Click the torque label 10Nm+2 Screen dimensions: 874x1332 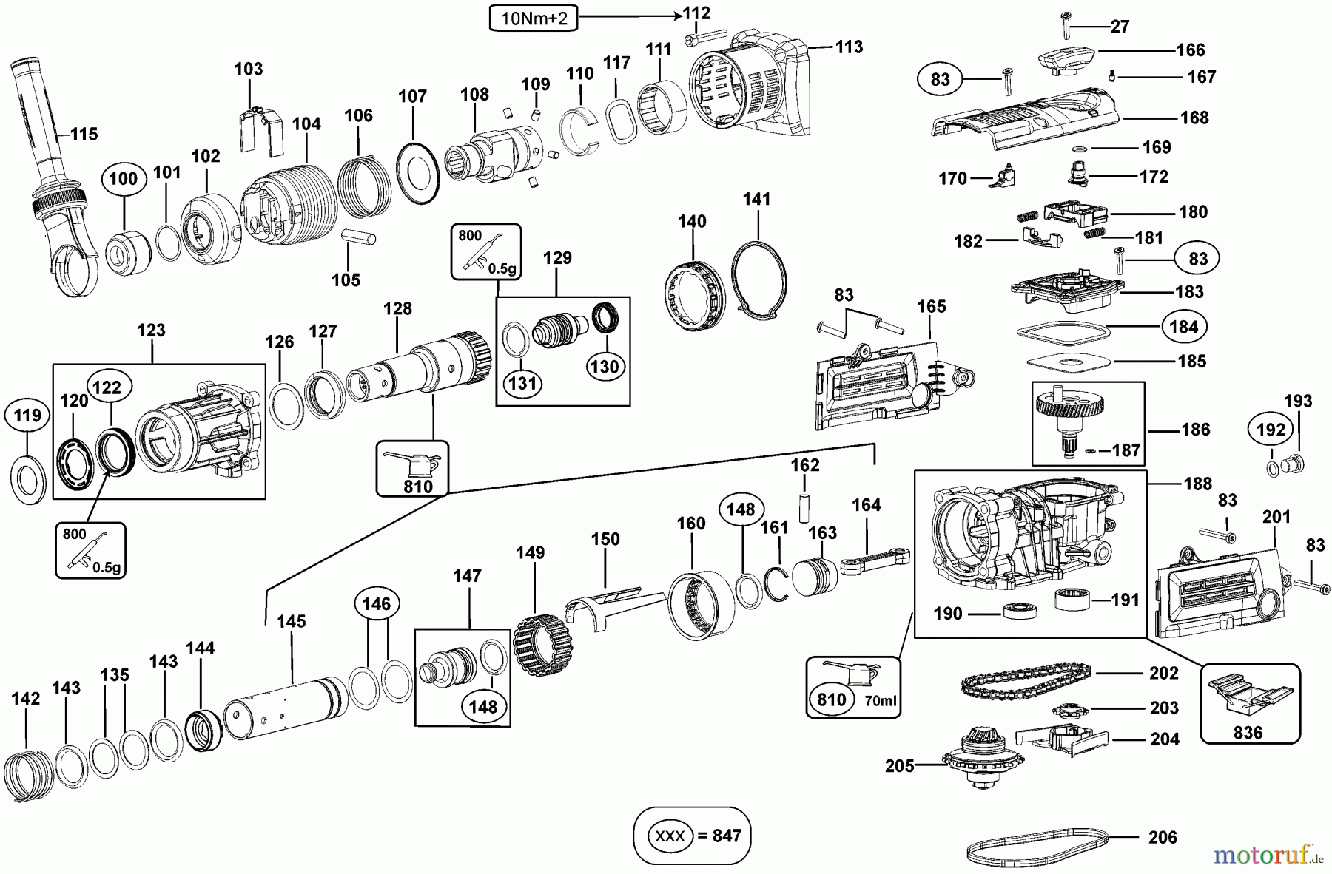click(x=534, y=18)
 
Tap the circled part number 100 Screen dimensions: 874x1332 click(x=123, y=178)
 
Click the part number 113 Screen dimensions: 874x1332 click(x=849, y=47)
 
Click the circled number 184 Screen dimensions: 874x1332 click(x=1183, y=326)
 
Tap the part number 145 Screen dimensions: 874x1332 click(x=291, y=621)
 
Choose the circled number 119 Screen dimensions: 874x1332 click(x=28, y=416)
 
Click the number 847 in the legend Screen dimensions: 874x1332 click(x=727, y=836)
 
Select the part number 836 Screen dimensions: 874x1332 click(x=1248, y=732)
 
